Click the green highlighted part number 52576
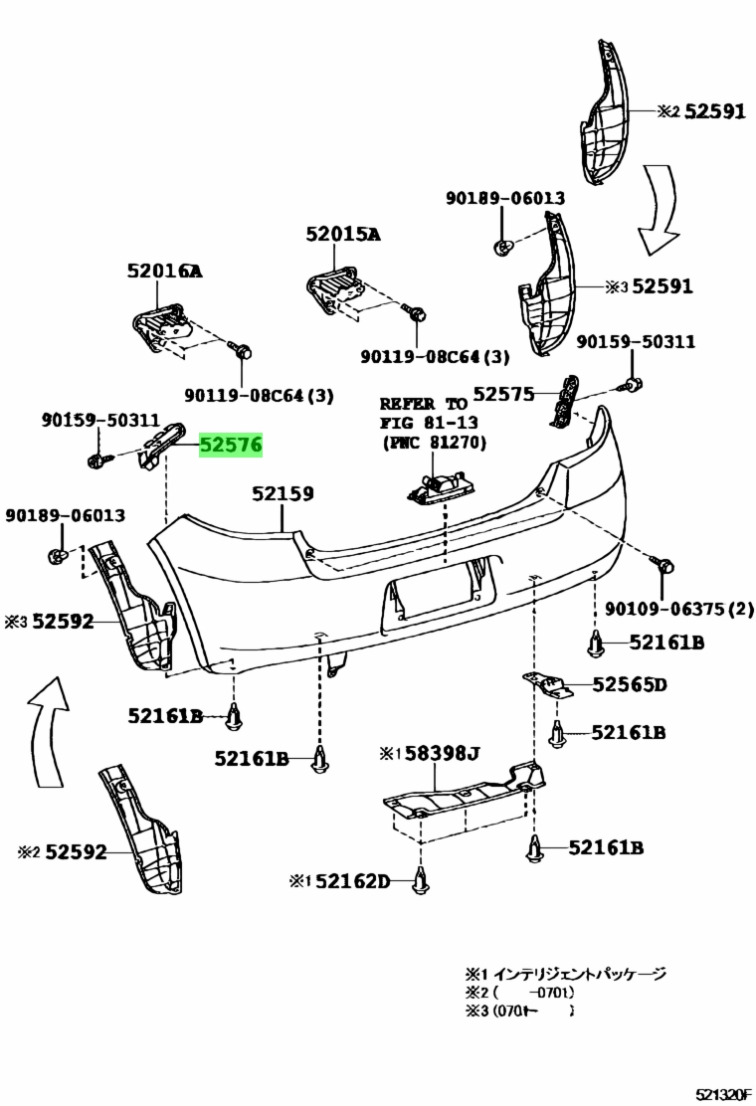(231, 447)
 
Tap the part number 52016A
(164, 271)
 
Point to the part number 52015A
(343, 235)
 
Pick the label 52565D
(630, 684)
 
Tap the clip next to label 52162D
(422, 880)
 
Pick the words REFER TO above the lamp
(423, 404)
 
